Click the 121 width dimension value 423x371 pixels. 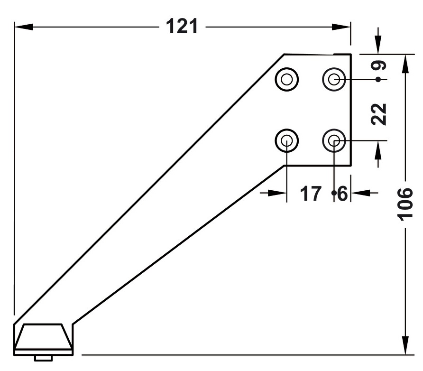tap(182, 26)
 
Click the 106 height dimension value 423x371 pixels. tap(405, 204)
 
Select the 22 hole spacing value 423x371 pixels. tap(378, 114)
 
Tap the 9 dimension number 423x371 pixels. tap(378, 65)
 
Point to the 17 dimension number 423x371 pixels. tap(311, 194)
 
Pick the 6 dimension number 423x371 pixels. tap(342, 194)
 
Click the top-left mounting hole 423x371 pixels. tap(287, 79)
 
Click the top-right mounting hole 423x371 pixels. tap(334, 79)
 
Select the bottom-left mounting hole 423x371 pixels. tap(287, 140)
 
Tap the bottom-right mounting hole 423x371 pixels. tap(334, 140)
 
